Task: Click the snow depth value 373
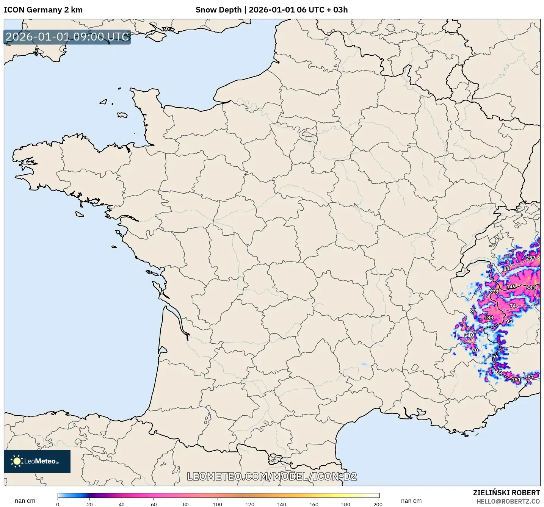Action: (x=494, y=292)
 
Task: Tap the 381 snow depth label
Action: (x=530, y=288)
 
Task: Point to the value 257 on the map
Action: (x=530, y=258)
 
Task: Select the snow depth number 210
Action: (x=469, y=335)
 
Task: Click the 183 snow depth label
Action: (x=489, y=318)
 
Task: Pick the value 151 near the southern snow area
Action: (x=516, y=379)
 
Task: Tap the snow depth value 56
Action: (x=495, y=357)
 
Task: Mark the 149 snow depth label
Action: (x=511, y=286)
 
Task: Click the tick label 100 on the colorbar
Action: (x=218, y=504)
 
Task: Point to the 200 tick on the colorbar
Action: (x=378, y=504)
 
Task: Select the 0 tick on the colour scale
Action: (x=58, y=504)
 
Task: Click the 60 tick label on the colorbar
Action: (x=154, y=504)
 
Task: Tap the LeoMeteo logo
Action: (x=37, y=461)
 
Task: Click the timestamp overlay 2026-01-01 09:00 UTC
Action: (x=67, y=37)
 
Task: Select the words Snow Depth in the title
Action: (x=218, y=10)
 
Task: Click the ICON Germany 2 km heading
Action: (x=43, y=10)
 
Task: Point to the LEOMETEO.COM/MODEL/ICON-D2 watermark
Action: (x=272, y=476)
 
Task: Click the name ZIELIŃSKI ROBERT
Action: (x=506, y=493)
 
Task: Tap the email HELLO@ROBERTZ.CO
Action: (x=508, y=501)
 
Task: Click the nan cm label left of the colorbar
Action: (x=25, y=501)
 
